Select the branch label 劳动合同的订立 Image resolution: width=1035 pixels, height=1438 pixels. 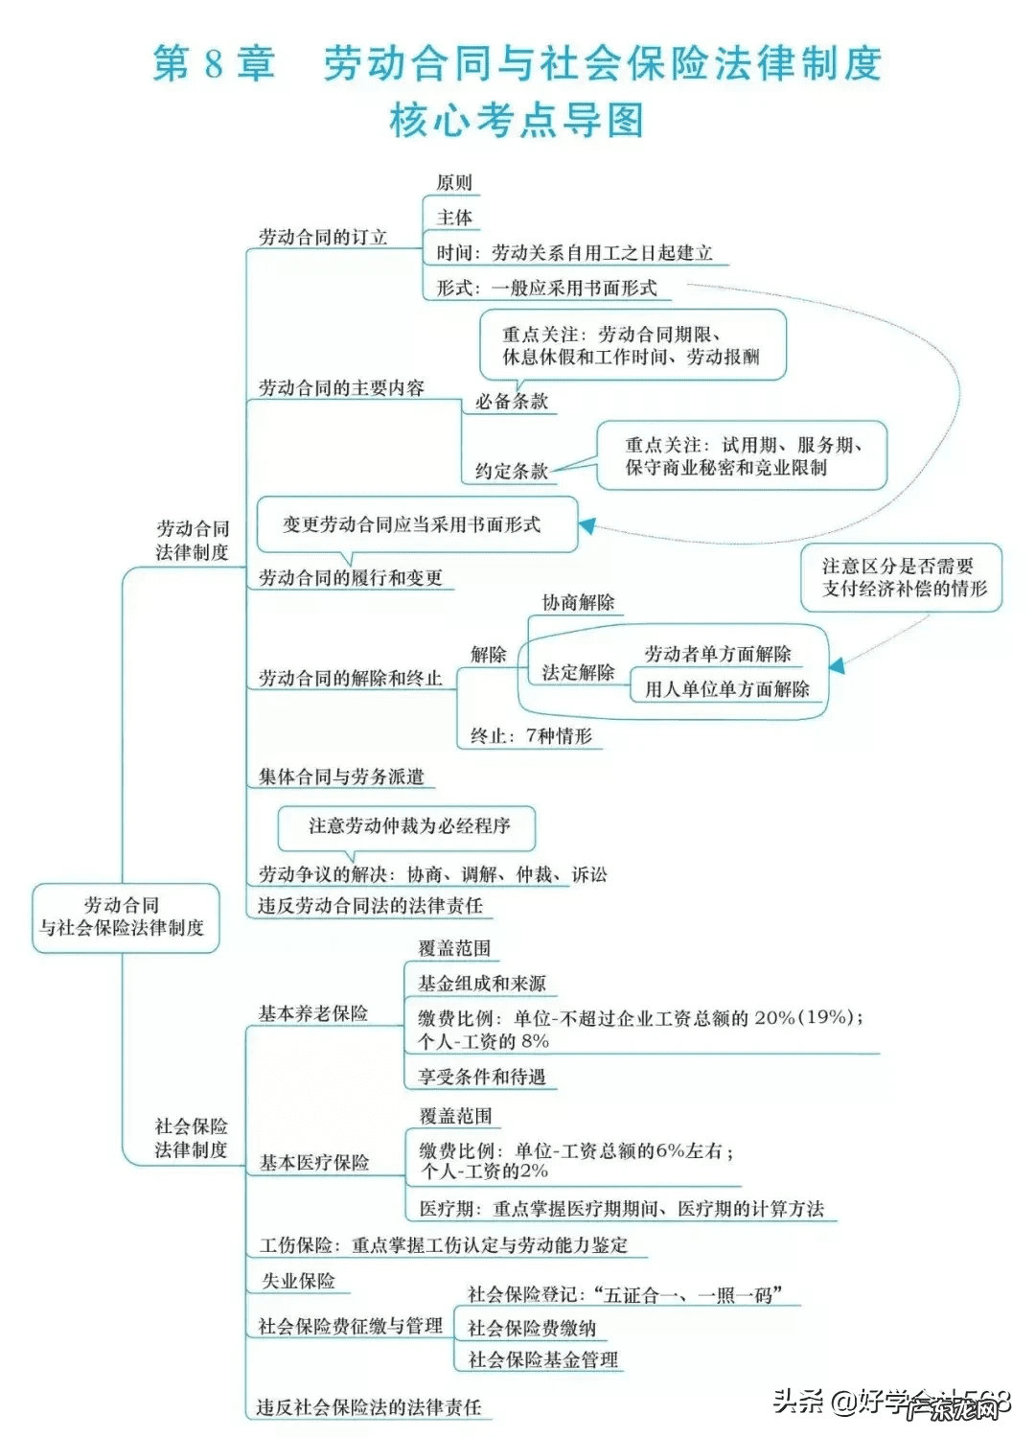point(323,237)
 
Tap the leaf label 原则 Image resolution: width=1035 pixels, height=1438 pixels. point(454,182)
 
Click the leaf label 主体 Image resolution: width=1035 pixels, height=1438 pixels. point(454,218)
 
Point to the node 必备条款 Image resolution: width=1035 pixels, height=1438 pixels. point(512,402)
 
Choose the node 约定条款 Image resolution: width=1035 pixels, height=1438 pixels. point(512,471)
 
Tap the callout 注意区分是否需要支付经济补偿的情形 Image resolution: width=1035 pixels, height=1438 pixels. point(901,577)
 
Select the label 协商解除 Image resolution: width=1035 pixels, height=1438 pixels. point(578,602)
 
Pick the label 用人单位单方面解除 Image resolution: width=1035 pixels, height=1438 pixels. point(726,689)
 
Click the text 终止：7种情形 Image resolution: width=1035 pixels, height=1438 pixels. point(531,736)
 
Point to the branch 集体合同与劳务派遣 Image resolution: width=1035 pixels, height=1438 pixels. point(341,777)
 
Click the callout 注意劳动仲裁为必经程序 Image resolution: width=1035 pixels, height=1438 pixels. point(408,826)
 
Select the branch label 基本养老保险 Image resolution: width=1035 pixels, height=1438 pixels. point(313,1013)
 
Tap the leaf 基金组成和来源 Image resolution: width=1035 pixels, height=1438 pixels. point(482,984)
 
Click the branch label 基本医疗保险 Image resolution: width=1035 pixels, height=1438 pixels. point(314,1163)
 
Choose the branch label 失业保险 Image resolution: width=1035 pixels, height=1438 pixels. point(298,1281)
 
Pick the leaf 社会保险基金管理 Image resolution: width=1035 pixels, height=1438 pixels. point(542,1359)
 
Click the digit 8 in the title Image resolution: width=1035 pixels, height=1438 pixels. point(213,63)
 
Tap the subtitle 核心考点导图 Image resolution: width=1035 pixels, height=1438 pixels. point(517,121)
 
